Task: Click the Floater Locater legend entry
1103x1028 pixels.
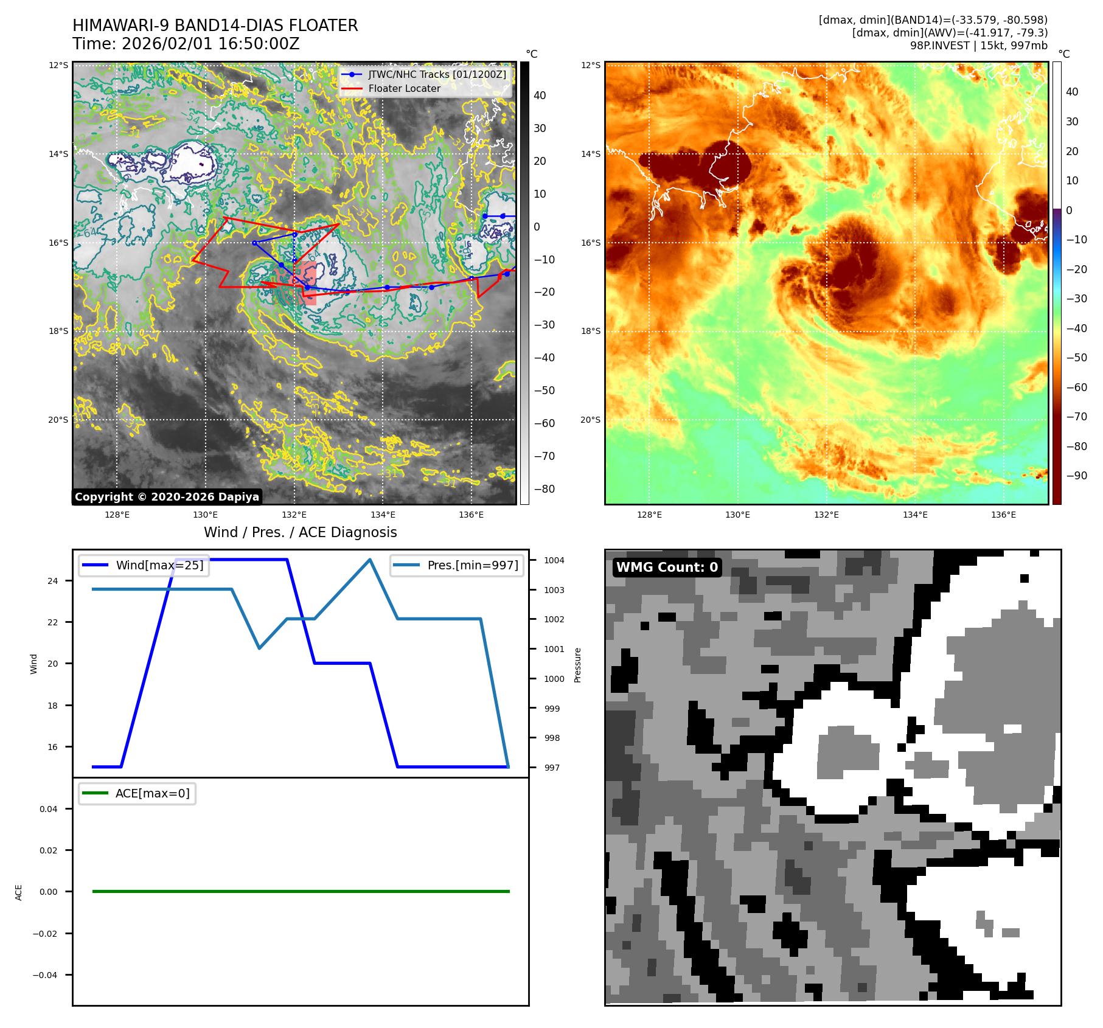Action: pos(404,89)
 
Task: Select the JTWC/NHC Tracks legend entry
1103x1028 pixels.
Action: pos(436,74)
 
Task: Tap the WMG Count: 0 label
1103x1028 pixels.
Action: pos(667,568)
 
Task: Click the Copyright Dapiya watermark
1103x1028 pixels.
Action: pos(167,497)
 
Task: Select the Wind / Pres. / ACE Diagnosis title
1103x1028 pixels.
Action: pos(300,532)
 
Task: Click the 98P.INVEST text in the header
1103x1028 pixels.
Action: pos(939,46)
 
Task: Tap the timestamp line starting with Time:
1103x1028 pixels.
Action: pos(186,44)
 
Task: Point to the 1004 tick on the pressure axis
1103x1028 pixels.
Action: pos(554,560)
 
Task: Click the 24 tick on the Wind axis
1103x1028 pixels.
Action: pos(53,581)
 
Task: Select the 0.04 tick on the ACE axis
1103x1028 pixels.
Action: pos(49,809)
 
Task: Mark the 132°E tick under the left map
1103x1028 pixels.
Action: pos(294,515)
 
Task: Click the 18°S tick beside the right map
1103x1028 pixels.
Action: pos(590,332)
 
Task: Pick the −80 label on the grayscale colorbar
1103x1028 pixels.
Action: pos(544,489)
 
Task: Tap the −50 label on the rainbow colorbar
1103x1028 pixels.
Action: pos(1076,358)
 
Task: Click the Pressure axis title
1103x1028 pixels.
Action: pos(577,665)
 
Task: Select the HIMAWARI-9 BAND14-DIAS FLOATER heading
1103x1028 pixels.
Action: pos(215,26)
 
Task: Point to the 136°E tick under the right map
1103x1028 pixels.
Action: pos(1003,515)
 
